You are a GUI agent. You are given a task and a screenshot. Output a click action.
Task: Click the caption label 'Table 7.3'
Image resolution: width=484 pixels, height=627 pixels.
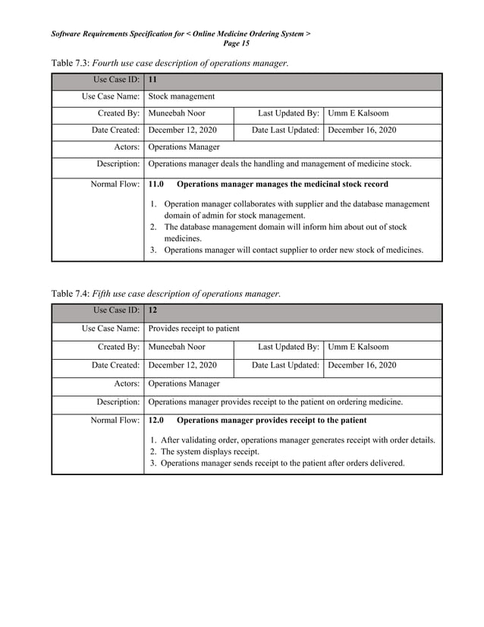[70, 62]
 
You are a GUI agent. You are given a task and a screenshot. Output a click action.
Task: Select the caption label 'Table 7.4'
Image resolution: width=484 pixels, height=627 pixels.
[70, 294]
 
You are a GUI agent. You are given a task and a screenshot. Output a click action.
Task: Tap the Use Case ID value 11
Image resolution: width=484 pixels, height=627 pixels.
[153, 80]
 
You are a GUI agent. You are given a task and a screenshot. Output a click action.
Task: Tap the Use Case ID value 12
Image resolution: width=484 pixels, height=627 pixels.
[153, 311]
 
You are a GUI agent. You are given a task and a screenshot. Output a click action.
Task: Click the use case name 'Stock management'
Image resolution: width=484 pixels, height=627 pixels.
[181, 96]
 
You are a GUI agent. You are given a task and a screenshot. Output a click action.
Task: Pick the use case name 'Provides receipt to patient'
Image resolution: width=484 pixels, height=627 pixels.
[193, 329]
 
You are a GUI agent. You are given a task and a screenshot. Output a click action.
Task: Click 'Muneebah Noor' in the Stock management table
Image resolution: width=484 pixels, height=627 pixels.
[177, 114]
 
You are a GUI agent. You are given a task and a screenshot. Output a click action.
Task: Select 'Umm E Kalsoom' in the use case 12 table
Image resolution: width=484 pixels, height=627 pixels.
[358, 347]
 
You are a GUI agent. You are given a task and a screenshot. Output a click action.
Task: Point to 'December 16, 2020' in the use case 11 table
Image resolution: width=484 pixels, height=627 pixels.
[362, 131]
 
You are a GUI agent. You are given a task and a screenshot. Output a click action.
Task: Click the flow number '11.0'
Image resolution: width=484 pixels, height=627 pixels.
[156, 184]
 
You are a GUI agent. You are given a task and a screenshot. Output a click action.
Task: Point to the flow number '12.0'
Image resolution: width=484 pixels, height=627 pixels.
[156, 420]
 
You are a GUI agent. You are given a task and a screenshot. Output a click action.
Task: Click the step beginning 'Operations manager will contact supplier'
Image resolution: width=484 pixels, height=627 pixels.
[294, 250]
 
